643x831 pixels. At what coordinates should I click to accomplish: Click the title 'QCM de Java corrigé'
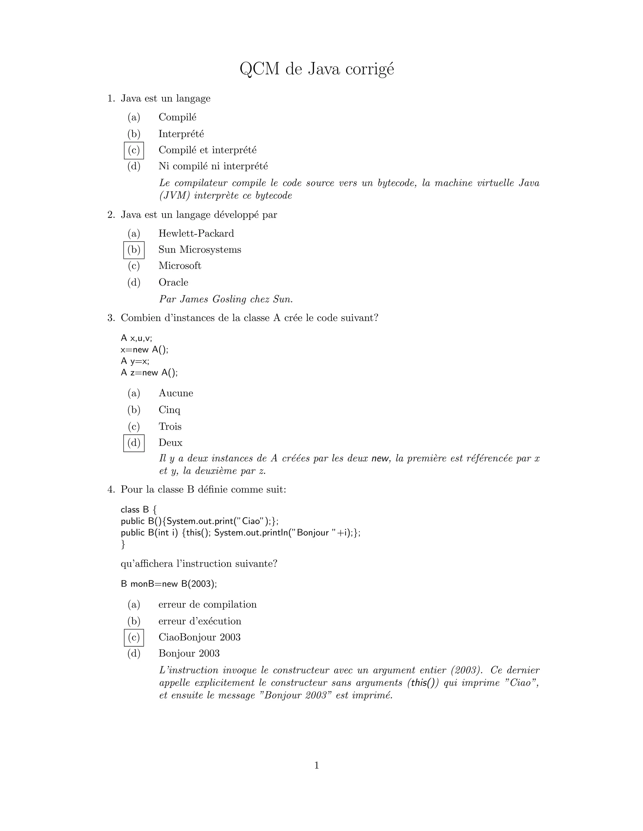316,70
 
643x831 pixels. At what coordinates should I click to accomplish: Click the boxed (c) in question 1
134,150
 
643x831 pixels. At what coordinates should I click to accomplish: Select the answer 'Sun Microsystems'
200,250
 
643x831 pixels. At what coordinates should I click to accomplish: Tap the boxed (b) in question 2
134,250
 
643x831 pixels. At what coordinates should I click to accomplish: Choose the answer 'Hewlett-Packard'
196,233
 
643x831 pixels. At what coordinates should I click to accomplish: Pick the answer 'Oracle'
173,282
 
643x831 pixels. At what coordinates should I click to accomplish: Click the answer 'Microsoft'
180,266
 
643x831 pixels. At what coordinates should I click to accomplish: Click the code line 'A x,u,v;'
136,338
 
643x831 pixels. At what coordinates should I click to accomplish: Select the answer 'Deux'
170,442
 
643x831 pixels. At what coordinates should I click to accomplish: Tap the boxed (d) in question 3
134,443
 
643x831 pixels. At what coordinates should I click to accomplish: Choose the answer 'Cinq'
170,410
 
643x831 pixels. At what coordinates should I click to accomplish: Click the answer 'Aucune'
176,393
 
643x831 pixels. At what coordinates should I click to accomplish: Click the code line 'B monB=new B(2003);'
169,584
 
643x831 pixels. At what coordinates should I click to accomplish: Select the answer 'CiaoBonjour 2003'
199,637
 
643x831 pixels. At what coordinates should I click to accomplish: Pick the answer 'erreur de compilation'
207,605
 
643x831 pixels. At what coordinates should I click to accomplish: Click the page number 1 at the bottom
316,765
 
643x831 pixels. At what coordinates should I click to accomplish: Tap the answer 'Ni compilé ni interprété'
213,166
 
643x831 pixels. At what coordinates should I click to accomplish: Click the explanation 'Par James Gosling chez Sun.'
226,299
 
